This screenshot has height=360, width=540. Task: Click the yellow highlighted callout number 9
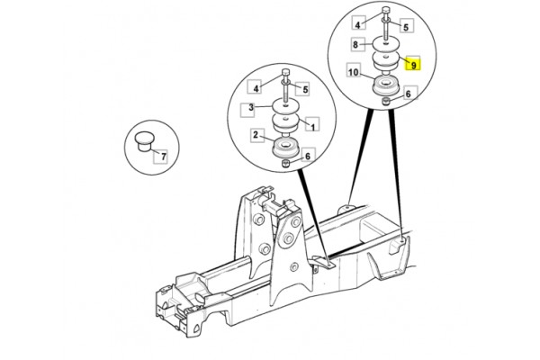pyautogui.click(x=413, y=63)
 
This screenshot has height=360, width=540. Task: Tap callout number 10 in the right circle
pyautogui.click(x=353, y=72)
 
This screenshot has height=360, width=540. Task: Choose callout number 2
pyautogui.click(x=256, y=135)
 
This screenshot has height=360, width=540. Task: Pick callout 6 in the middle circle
pyautogui.click(x=308, y=156)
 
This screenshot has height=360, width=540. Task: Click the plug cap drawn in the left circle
pyautogui.click(x=144, y=141)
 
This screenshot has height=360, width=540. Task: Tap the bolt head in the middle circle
pyautogui.click(x=285, y=72)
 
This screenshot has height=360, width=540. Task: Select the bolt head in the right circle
pyautogui.click(x=386, y=9)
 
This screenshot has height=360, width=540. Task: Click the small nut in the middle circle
pyautogui.click(x=285, y=163)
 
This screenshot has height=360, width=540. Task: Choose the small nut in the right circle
pyautogui.click(x=386, y=101)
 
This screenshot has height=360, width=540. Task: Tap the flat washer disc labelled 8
pyautogui.click(x=386, y=44)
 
